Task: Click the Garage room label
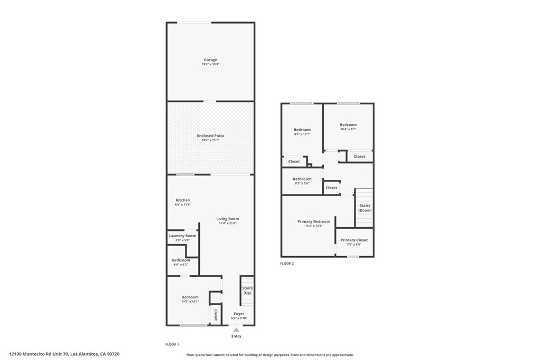(x=210, y=60)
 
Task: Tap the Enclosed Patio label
(x=210, y=136)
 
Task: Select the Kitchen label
(x=182, y=200)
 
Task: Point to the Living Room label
(x=227, y=219)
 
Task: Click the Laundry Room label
(x=182, y=236)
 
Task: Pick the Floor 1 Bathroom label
(x=180, y=260)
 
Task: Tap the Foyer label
(x=238, y=314)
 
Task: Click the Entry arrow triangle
(x=236, y=329)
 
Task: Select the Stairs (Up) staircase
(x=247, y=291)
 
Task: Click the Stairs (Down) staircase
(x=364, y=208)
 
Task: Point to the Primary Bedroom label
(x=314, y=221)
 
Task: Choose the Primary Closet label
(x=354, y=240)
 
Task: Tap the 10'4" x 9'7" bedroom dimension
(x=348, y=129)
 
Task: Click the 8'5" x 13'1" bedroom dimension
(x=302, y=134)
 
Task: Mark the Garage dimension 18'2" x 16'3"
(x=210, y=64)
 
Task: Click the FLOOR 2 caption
(x=287, y=263)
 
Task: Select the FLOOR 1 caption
(x=172, y=344)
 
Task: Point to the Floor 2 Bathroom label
(x=302, y=179)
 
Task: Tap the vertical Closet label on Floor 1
(x=215, y=315)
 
